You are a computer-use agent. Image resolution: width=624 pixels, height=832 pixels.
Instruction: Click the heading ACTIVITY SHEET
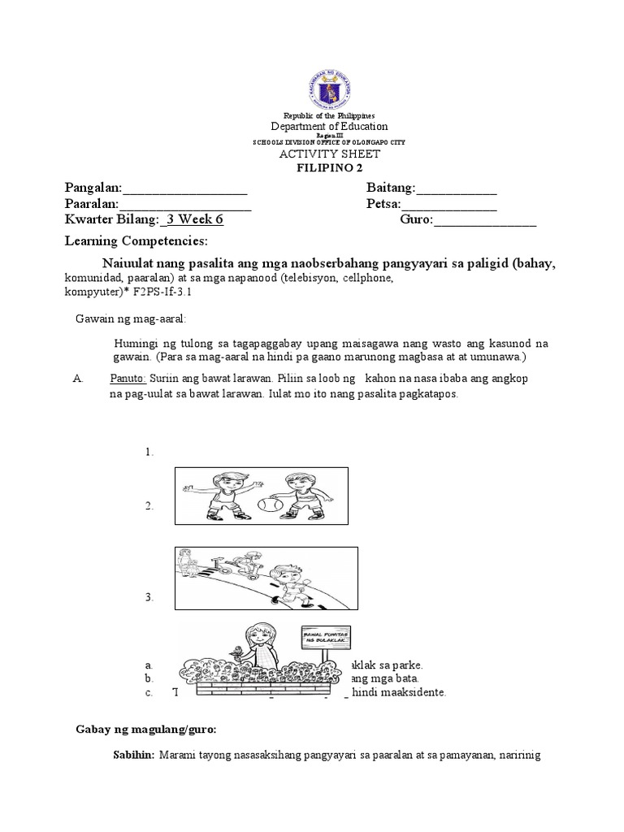(330, 154)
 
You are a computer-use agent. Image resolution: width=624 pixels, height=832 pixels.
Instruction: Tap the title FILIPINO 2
(330, 167)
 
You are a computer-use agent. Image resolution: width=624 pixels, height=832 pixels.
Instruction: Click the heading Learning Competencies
(136, 242)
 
